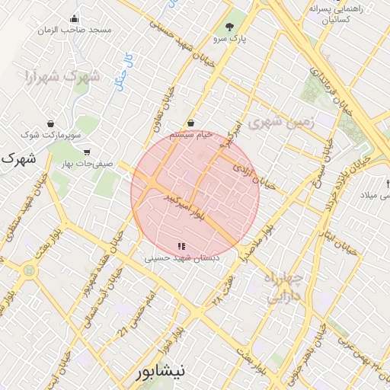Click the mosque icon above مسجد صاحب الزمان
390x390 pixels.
(x=74, y=19)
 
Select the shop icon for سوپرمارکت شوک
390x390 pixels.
(x=50, y=123)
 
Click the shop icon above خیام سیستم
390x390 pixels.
(x=190, y=123)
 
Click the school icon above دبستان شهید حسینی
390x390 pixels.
(x=181, y=246)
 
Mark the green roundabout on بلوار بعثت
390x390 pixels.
(x=29, y=270)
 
